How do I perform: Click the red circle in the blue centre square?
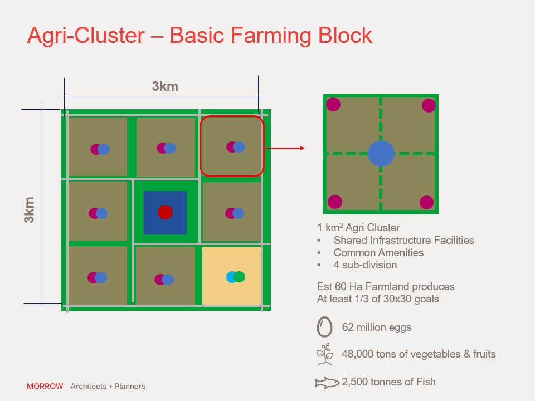[x=165, y=212]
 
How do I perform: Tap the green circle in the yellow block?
[x=239, y=277]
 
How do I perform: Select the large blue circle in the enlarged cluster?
[x=381, y=154]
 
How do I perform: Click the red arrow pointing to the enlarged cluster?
[x=285, y=148]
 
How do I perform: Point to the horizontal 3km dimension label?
[x=165, y=86]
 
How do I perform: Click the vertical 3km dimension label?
[x=30, y=210]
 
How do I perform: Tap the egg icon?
[x=324, y=327]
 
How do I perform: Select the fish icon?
[x=327, y=382]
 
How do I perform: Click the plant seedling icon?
[x=325, y=354]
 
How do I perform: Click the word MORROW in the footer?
[x=45, y=386]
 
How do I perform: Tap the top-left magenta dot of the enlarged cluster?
[x=333, y=104]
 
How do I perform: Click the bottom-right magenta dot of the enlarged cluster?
[x=426, y=202]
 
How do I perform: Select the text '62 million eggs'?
[x=376, y=327]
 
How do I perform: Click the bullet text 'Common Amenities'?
[x=378, y=253]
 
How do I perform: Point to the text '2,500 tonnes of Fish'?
[x=388, y=382]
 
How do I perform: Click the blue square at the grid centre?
[x=165, y=212]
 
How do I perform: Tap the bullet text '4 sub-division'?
[x=365, y=265]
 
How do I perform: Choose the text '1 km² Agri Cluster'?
[x=358, y=227]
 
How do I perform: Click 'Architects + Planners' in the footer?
[x=108, y=386]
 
